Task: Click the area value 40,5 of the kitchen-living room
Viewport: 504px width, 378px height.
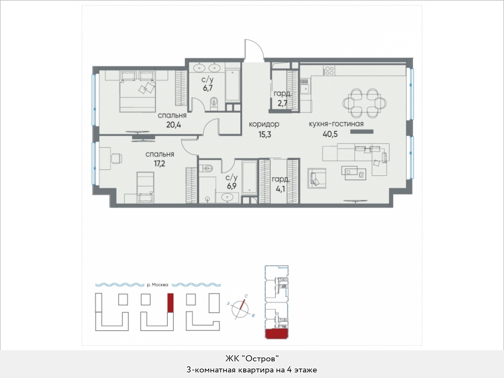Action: pos(331,133)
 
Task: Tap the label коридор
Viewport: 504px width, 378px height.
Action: pos(264,124)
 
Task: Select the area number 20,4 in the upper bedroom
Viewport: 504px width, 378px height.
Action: pos(173,124)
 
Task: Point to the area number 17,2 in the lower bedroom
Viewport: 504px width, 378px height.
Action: pos(159,164)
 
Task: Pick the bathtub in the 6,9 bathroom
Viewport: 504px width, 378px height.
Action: pos(249,177)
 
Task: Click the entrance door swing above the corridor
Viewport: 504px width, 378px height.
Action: pos(254,49)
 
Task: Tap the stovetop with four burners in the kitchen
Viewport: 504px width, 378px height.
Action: pos(329,70)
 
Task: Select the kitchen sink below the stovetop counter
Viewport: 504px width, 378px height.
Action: pos(304,87)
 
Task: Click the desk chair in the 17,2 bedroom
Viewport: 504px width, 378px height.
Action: pos(117,158)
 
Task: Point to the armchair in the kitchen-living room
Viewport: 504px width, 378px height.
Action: pos(316,178)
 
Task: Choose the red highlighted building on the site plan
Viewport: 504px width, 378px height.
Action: pos(170,303)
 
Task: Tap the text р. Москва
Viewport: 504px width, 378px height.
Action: pos(159,285)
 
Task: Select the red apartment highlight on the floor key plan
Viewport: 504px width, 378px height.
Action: pos(276,334)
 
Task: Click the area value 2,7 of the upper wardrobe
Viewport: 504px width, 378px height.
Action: pos(280,103)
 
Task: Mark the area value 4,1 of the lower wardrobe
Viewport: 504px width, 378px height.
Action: pos(280,189)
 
